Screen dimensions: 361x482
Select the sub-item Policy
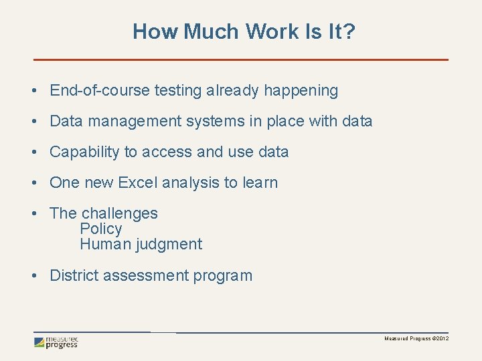101,229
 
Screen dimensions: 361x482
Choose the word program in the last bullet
223,275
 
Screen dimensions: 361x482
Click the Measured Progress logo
57,342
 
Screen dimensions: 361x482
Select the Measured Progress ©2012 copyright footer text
416,339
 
